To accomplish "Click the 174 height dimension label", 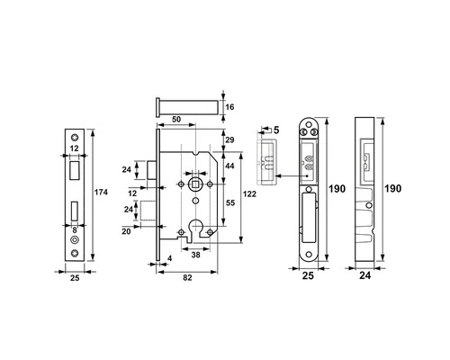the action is pos(101,192).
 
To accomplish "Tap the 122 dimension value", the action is pos(249,194).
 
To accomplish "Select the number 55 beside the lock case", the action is pos(230,203).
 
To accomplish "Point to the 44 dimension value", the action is pos(229,166).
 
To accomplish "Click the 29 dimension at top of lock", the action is pos(229,139).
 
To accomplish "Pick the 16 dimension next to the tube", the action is pos(229,107).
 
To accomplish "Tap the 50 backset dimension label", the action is pos(176,120).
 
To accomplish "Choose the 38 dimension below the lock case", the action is pos(195,255).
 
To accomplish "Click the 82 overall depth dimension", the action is pos(187,278).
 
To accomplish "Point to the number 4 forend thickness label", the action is pos(170,258).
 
